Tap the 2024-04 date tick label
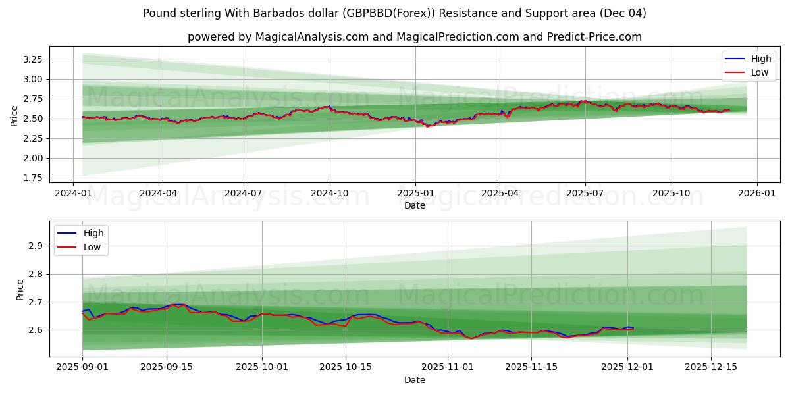click(x=159, y=193)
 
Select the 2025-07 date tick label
click(x=585, y=193)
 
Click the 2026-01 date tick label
click(x=756, y=193)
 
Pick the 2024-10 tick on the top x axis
click(x=329, y=193)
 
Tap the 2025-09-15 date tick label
click(x=167, y=367)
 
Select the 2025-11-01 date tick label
click(x=448, y=367)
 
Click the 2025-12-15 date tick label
click(x=711, y=367)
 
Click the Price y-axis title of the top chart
click(x=14, y=116)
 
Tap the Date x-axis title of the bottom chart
click(x=414, y=380)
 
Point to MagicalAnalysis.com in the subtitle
click(x=306, y=37)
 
